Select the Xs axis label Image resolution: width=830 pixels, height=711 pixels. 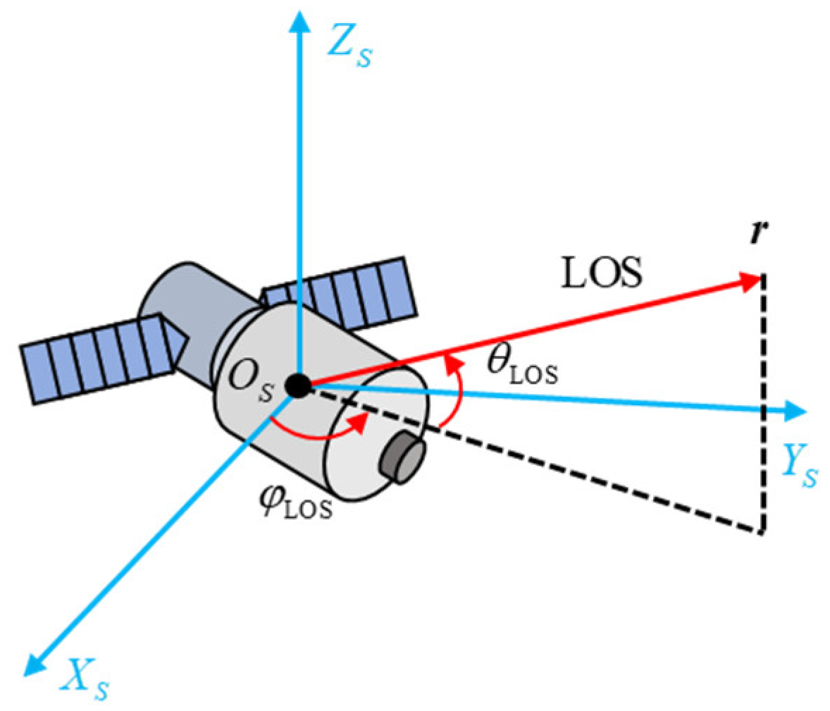[85, 678]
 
